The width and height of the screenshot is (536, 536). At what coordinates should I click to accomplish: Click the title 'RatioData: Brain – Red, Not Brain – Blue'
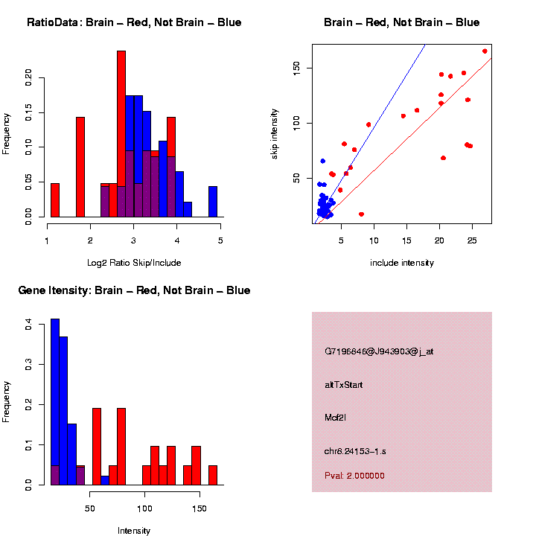134,22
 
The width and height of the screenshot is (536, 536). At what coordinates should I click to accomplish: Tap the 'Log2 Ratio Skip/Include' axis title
134,262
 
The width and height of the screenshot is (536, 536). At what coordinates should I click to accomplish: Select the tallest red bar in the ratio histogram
121,134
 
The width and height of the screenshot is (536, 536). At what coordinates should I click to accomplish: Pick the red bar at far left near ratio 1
54,200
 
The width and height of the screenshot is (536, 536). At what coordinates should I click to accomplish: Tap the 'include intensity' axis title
402,262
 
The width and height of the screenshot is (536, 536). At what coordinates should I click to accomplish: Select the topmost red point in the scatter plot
485,51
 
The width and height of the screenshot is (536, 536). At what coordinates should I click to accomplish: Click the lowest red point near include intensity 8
361,214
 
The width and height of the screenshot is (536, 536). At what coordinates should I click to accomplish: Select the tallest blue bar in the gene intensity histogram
54,402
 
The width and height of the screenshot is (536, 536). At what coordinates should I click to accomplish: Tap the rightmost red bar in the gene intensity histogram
213,475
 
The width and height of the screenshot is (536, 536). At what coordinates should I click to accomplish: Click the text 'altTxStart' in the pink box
344,385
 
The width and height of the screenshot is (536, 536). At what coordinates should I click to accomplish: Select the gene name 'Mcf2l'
335,417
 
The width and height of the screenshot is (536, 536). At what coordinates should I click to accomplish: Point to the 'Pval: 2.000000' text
354,476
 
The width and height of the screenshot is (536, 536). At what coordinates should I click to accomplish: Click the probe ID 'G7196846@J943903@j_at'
379,351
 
